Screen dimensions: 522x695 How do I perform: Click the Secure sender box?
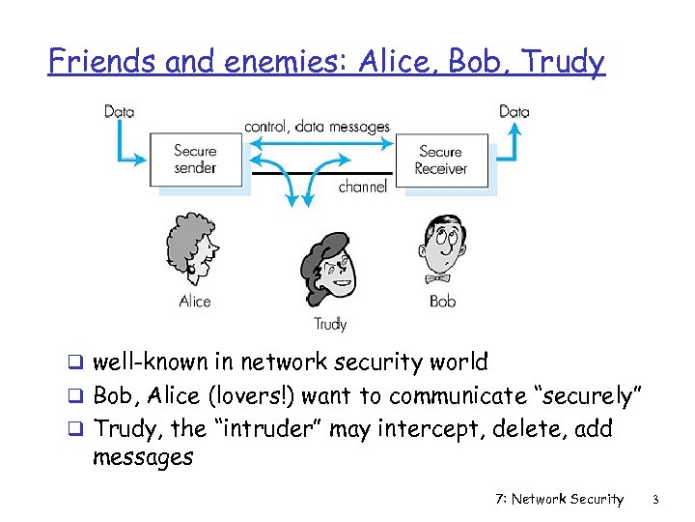[195, 159]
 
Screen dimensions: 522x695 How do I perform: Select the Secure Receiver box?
[441, 159]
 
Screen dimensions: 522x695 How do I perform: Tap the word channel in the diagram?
[363, 187]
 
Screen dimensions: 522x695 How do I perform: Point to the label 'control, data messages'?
[318, 127]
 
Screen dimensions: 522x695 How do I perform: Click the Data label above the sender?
[120, 111]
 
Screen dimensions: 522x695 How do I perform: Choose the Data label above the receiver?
[514, 111]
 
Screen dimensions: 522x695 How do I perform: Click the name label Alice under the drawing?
[195, 302]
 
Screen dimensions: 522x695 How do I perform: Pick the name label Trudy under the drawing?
[330, 325]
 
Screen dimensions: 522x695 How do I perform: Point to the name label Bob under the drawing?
[443, 302]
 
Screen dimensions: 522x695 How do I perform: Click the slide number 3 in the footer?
[654, 500]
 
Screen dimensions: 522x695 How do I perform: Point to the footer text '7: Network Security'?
[559, 500]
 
